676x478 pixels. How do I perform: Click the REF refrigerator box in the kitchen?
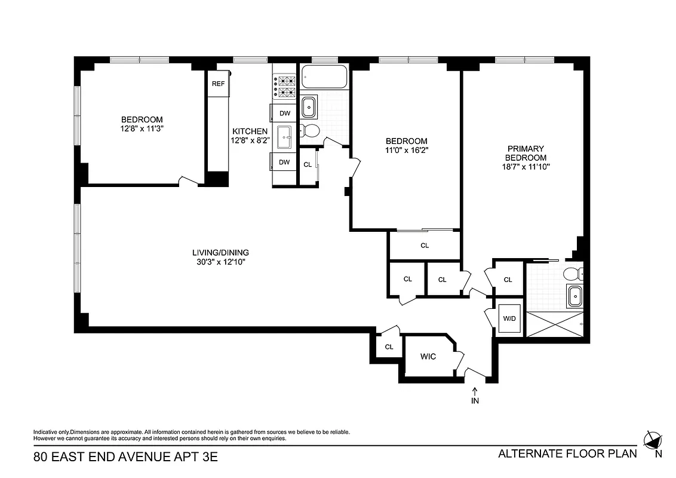[x=218, y=84]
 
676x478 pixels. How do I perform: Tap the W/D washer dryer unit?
[x=509, y=318]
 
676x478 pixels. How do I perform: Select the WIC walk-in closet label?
[x=428, y=357]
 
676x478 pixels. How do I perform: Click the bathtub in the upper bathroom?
[x=324, y=78]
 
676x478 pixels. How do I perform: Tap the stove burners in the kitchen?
[x=284, y=87]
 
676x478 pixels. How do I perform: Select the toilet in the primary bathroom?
[x=574, y=274]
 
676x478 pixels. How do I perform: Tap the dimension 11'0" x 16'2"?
[x=407, y=151]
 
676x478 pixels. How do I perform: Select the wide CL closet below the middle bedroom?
[x=425, y=246]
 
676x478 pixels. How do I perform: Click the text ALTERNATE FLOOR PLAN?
[x=567, y=454]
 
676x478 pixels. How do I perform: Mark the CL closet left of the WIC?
[x=389, y=347]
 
